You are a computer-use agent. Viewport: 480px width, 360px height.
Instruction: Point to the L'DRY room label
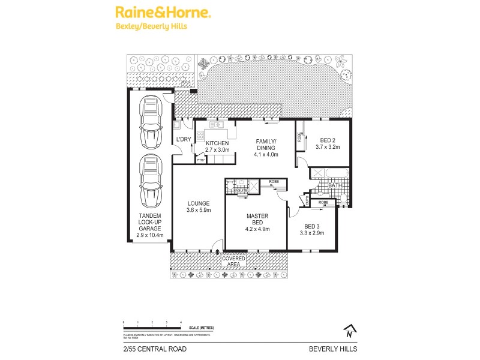(182, 140)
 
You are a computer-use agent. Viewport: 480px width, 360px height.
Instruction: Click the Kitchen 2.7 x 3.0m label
(218, 146)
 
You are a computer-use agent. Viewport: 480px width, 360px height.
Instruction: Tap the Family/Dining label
(265, 147)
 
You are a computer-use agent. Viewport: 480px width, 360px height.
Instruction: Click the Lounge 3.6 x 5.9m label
(197, 206)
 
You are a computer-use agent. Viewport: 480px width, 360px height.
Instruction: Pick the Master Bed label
(256, 222)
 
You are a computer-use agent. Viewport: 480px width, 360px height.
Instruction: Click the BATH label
(335, 186)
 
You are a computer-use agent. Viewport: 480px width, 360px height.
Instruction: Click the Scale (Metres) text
(202, 327)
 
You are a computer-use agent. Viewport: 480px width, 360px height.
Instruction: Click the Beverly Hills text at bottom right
(333, 348)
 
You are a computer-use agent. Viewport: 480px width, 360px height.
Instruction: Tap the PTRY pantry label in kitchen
(200, 160)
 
